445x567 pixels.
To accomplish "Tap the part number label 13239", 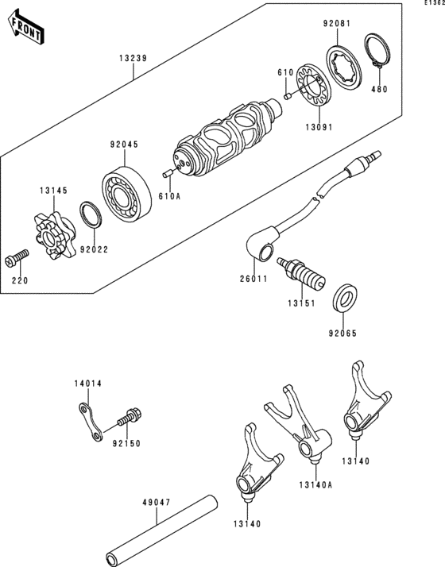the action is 133,58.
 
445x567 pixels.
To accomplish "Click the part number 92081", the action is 336,24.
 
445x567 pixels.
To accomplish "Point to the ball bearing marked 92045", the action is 126,195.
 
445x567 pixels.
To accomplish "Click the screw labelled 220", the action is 17,257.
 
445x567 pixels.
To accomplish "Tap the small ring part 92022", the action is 91,215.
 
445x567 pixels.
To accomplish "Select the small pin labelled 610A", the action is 167,174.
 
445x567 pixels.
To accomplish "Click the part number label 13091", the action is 319,127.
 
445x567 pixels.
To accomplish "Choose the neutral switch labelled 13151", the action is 301,274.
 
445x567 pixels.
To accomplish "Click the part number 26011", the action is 253,280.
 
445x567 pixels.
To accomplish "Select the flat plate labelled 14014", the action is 91,422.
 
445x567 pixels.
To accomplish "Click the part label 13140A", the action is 315,485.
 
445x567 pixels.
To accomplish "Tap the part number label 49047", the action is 157,503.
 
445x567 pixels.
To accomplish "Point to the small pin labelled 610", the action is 288,97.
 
